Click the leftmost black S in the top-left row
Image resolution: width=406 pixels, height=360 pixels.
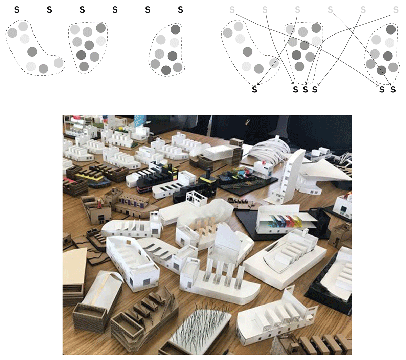(17, 9)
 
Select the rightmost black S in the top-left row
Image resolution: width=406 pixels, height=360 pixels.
(180, 9)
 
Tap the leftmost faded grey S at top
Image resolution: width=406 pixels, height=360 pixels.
(232, 9)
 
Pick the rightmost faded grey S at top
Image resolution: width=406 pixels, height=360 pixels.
(396, 9)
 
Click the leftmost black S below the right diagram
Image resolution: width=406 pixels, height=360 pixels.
(254, 89)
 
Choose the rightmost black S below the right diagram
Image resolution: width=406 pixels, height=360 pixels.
(393, 89)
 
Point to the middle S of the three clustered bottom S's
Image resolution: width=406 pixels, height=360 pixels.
(305, 89)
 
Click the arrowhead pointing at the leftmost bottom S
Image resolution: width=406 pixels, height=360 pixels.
(258, 84)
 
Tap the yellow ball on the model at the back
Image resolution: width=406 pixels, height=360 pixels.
(121, 128)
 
